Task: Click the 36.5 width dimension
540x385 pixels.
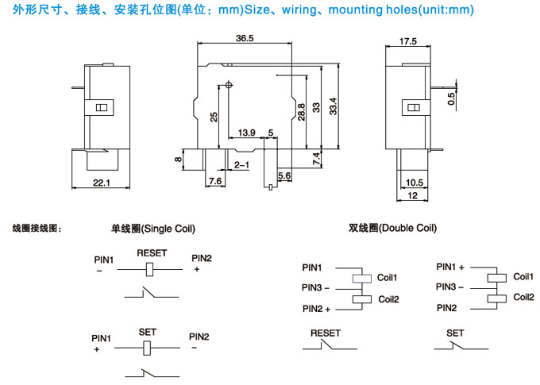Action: coord(245,39)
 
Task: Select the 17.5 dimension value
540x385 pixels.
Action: coord(409,41)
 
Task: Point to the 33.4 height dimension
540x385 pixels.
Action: coord(334,105)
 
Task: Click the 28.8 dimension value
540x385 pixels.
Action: coord(302,111)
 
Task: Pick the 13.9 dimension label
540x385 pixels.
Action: coord(247,133)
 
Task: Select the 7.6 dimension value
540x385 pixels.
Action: coord(214,182)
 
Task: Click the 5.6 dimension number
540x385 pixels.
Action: coord(284,175)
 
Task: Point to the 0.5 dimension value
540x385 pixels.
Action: coord(451,99)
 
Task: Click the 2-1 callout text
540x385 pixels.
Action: coord(242,165)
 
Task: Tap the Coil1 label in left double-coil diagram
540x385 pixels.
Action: coord(388,277)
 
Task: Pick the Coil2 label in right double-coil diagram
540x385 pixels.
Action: coord(523,296)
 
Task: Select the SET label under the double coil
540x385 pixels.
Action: coord(454,333)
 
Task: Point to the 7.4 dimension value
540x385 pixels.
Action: coord(316,158)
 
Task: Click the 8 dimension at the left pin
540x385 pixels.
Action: coord(179,160)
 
